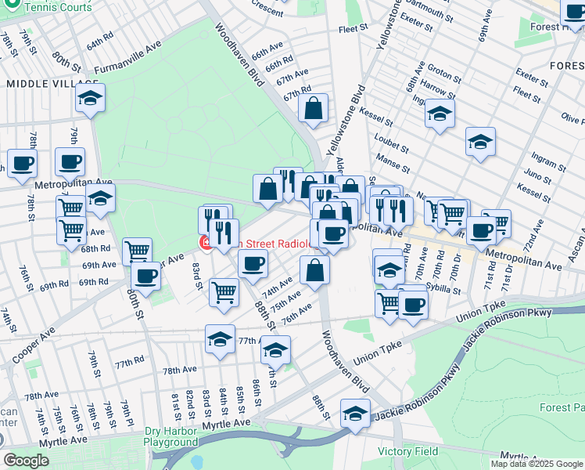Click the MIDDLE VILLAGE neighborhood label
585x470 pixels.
[52, 83]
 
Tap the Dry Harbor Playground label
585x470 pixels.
[171, 436]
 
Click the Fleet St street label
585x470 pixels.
[353, 28]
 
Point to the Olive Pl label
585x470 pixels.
[573, 119]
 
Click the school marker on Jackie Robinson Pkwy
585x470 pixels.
[355, 413]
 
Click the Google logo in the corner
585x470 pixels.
[27, 461]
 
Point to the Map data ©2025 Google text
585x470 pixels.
[537, 464]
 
